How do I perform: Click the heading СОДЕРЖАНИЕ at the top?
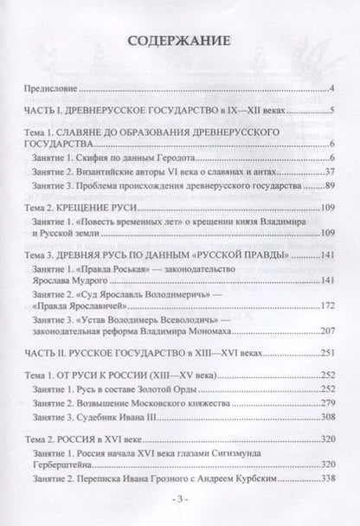point(180,40)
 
